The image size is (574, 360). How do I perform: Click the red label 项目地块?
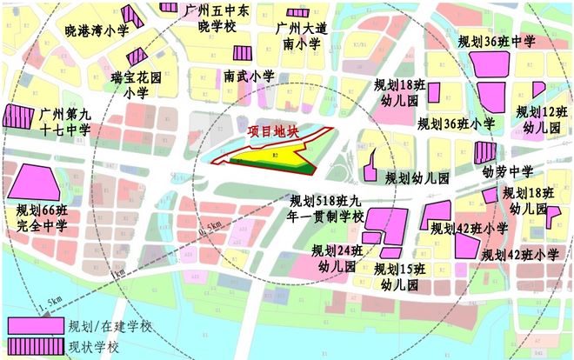tap(272, 132)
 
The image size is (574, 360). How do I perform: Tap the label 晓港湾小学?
tap(96, 30)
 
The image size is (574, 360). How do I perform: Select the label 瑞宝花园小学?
tap(136, 84)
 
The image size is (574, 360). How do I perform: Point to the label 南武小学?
tap(247, 77)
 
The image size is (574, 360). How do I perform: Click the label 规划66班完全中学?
tap(42, 218)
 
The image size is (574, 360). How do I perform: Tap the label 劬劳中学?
tap(508, 171)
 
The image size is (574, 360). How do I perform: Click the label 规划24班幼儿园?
tap(337, 258)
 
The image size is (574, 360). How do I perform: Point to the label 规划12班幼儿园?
tap(541, 119)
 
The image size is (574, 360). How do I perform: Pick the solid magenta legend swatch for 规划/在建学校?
tap(35, 325)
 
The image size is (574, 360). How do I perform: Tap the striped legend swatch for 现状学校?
tap(35, 347)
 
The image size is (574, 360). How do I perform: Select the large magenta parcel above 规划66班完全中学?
tap(36, 182)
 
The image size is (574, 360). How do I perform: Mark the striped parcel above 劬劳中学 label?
tap(484, 153)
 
